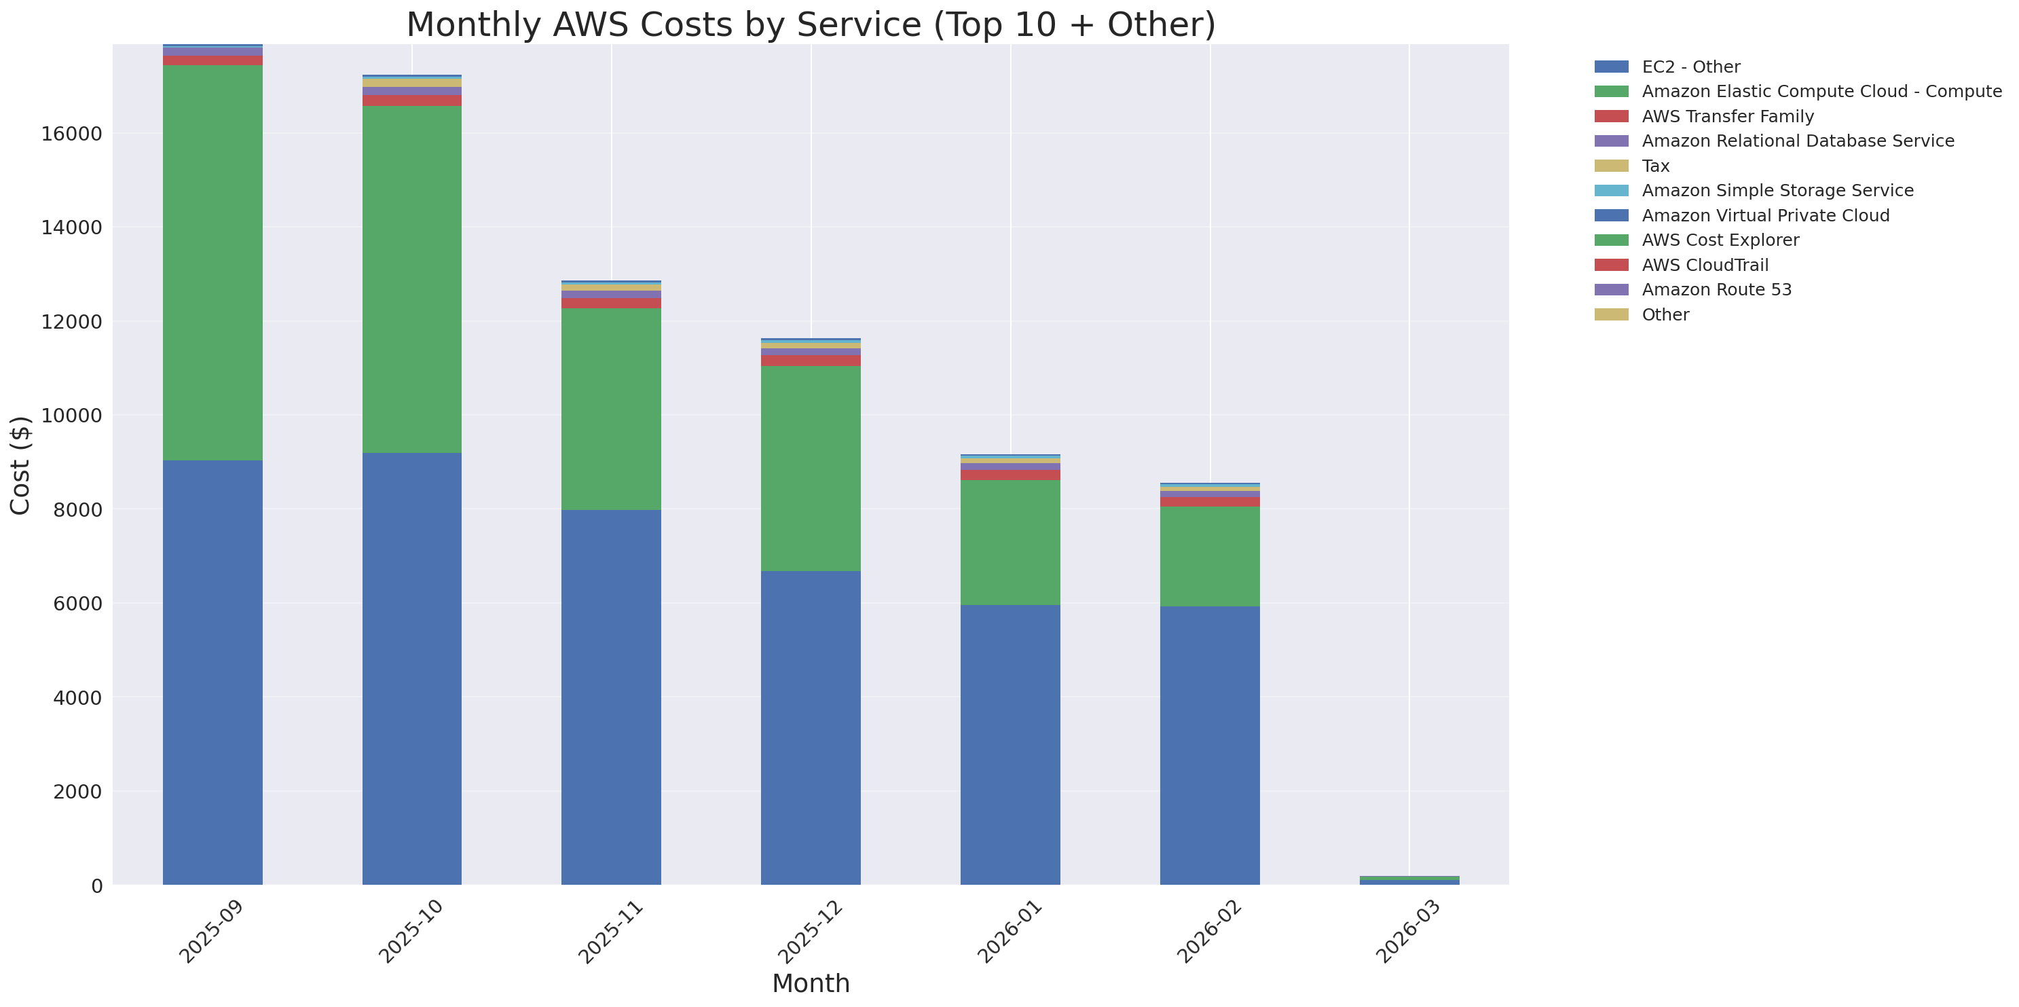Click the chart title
point(811,24)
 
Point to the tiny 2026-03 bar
point(1409,881)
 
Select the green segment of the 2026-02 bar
point(1209,555)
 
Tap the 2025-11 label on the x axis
point(610,932)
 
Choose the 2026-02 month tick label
point(1208,932)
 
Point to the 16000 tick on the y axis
point(71,134)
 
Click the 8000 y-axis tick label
point(77,510)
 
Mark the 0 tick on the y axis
point(96,885)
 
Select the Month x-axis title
point(811,983)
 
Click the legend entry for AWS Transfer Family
point(1728,117)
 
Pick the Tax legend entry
point(1655,166)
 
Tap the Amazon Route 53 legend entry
point(1716,290)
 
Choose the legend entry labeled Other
point(1665,315)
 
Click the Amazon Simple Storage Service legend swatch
point(1611,190)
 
